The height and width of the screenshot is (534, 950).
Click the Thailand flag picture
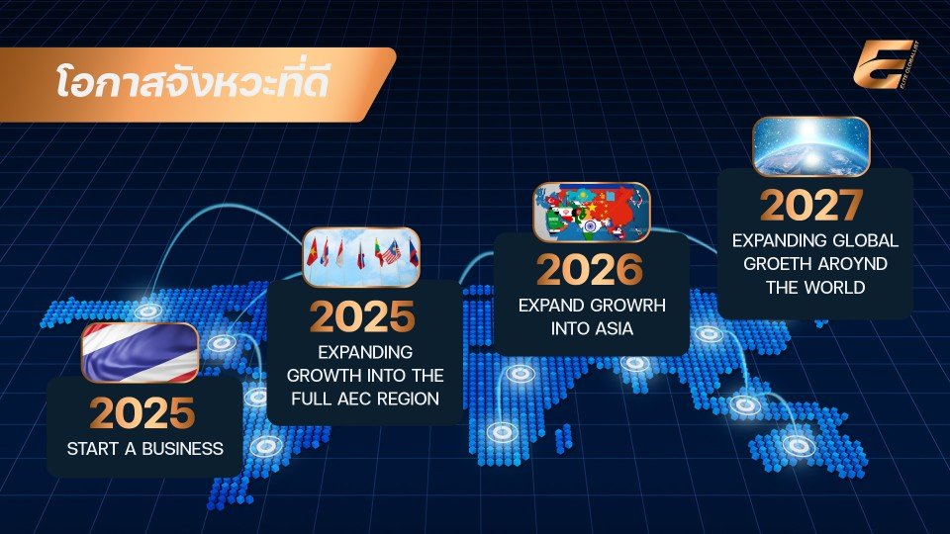pyautogui.click(x=140, y=353)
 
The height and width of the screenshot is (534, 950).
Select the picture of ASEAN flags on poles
pyautogui.click(x=361, y=257)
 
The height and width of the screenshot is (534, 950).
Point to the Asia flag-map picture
pyautogui.click(x=592, y=212)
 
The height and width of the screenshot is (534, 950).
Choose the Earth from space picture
pyautogui.click(x=811, y=147)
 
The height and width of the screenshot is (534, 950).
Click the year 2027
pyautogui.click(x=811, y=206)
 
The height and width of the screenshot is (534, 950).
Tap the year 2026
pyautogui.click(x=590, y=269)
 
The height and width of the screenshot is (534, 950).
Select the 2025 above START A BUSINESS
pyautogui.click(x=142, y=413)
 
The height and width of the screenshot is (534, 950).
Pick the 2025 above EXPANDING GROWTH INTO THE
pyautogui.click(x=362, y=316)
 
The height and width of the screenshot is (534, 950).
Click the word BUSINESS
pyautogui.click(x=182, y=449)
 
